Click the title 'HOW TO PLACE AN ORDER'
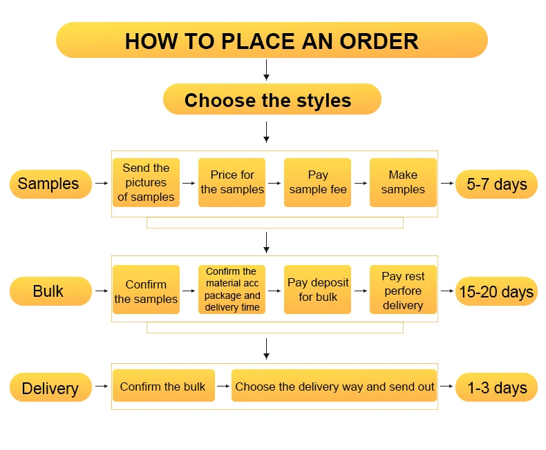[272, 40]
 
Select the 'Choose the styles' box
[272, 100]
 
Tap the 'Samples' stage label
[50, 184]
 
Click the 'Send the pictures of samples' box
[146, 183]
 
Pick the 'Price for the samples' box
[232, 183]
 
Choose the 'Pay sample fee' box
[318, 183]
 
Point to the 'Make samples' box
[403, 183]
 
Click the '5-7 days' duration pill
[496, 184]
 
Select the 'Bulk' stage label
[50, 291]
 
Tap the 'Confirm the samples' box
[146, 290]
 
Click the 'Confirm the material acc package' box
[232, 290]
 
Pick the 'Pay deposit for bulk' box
[318, 290]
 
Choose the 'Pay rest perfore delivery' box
[403, 290]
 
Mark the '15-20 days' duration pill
[496, 291]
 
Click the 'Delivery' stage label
[50, 387]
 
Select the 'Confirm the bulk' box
[163, 387]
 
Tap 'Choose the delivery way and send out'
[335, 387]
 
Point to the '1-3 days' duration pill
[496, 387]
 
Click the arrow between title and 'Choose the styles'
[266, 70]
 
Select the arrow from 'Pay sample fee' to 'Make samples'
[360, 183]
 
